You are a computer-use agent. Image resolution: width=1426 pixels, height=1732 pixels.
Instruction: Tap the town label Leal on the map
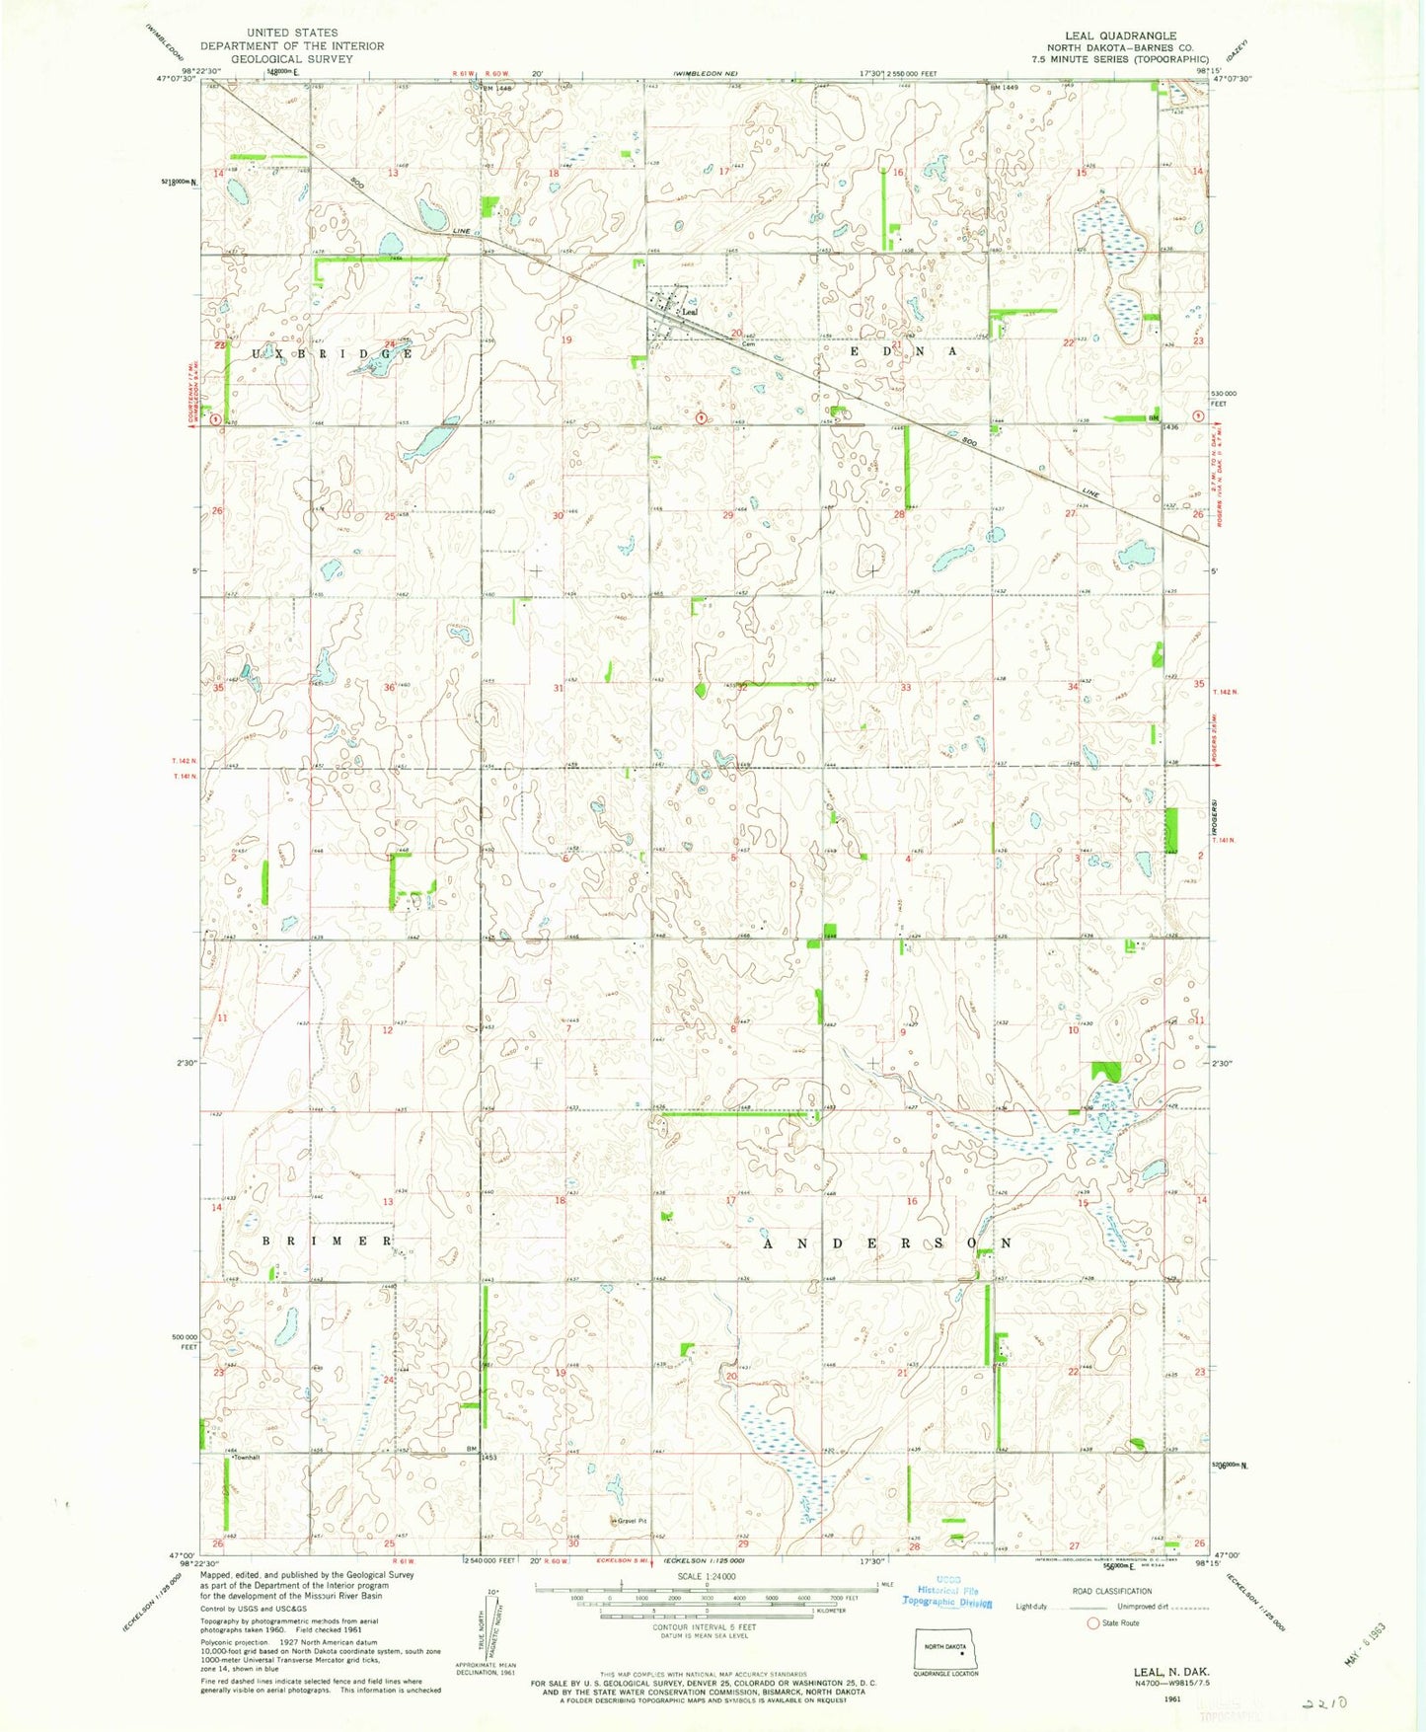pyautogui.click(x=689, y=313)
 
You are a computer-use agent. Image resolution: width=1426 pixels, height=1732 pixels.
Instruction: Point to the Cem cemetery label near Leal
pyautogui.click(x=748, y=343)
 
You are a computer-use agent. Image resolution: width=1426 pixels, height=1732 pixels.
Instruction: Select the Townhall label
pyautogui.click(x=245, y=1457)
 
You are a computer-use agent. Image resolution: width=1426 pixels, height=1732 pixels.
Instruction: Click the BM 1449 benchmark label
pyautogui.click(x=1005, y=87)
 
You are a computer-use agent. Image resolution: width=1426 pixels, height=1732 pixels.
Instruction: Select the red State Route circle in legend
pyautogui.click(x=1092, y=1622)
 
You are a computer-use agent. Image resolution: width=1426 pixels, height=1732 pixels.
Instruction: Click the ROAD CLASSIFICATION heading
pyautogui.click(x=1111, y=1591)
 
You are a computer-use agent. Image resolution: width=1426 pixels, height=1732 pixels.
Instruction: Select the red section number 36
pyautogui.click(x=389, y=687)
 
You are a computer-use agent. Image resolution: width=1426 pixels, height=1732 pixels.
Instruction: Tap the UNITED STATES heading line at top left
pyautogui.click(x=292, y=33)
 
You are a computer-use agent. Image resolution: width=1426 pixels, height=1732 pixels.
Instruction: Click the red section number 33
pyautogui.click(x=905, y=687)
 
